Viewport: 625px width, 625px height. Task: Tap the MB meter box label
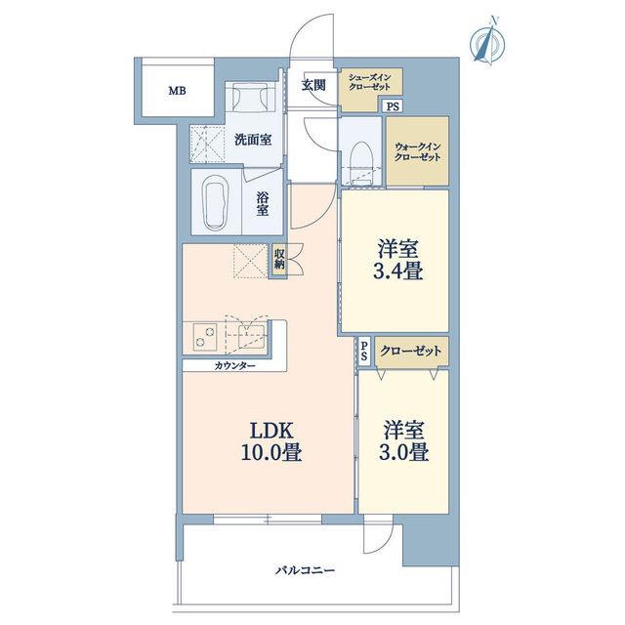(177, 91)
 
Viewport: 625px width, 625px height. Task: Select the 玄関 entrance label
(313, 85)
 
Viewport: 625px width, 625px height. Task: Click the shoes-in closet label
(369, 82)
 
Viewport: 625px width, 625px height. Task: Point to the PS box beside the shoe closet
(393, 106)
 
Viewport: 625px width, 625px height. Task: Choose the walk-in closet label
(417, 152)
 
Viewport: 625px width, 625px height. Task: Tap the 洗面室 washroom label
(253, 140)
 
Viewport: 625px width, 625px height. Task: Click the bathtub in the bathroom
(215, 202)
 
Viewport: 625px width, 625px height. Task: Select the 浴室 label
(263, 204)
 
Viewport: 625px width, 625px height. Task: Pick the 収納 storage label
(279, 259)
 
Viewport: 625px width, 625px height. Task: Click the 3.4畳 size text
(397, 271)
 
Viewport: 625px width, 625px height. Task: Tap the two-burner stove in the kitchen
(205, 337)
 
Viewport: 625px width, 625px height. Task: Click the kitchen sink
(251, 336)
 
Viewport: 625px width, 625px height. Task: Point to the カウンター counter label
(234, 365)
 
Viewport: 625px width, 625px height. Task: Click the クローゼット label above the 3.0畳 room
(410, 352)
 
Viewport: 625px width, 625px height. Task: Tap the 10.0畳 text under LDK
(271, 453)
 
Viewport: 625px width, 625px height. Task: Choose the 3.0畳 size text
(403, 452)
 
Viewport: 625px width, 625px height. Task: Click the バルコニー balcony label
(306, 570)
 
